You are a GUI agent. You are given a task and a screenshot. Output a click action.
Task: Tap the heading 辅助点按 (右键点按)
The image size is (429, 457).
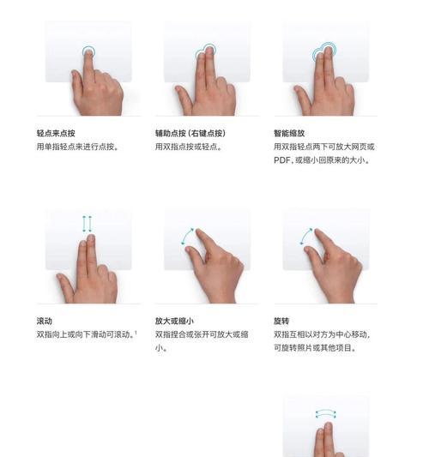[190, 134]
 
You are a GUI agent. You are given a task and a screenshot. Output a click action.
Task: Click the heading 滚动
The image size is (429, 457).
[45, 321]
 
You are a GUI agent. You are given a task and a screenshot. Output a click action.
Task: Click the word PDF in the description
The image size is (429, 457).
[283, 159]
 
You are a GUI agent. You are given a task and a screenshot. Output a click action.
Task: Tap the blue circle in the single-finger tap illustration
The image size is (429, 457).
[88, 52]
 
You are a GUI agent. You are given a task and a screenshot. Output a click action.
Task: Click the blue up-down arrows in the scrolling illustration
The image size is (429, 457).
[87, 225]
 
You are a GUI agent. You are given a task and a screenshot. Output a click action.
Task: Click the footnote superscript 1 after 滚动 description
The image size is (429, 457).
[136, 332]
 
